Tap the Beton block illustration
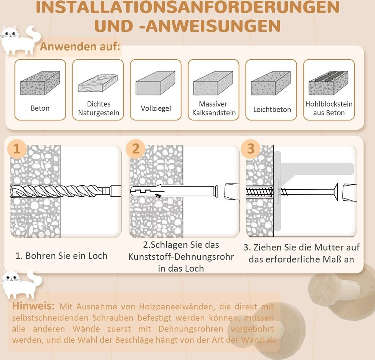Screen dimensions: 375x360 click(40, 83)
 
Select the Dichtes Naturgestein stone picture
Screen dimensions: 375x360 click(97, 83)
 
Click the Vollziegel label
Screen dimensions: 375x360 click(156, 108)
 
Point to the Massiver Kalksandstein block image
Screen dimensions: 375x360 click(213, 83)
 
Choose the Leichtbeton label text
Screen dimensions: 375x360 click(272, 110)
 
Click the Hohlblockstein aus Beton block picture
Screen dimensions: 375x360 click(328, 83)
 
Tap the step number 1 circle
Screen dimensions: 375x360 click(17, 149)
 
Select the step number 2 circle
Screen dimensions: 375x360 click(135, 149)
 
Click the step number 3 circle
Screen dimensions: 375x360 click(250, 149)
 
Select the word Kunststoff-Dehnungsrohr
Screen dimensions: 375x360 click(181, 257)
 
